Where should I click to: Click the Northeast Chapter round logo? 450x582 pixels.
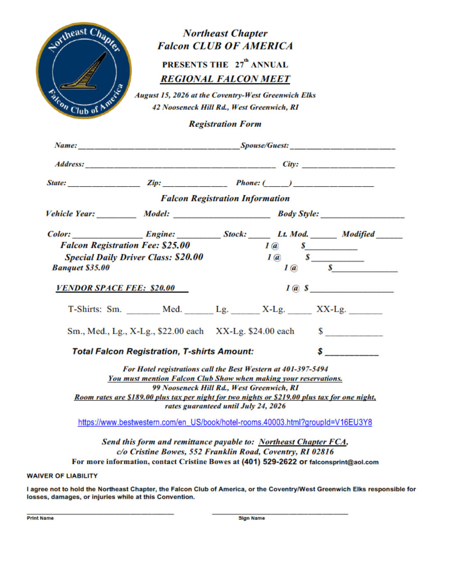84,70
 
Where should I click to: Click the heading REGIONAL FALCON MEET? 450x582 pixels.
225,79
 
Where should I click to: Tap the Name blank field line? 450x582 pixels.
159,146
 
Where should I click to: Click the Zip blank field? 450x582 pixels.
195,183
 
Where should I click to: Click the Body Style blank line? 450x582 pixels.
362,215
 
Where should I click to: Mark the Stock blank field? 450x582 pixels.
259,235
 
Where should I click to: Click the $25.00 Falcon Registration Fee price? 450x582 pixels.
176,245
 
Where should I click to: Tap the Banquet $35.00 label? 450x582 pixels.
81,268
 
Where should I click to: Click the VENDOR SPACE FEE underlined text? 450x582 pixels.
116,288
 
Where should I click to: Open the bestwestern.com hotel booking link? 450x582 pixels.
225,422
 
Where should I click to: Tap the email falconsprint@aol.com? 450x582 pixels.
344,462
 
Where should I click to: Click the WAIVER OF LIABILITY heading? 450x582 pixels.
62,476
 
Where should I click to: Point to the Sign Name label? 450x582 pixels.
251,518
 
